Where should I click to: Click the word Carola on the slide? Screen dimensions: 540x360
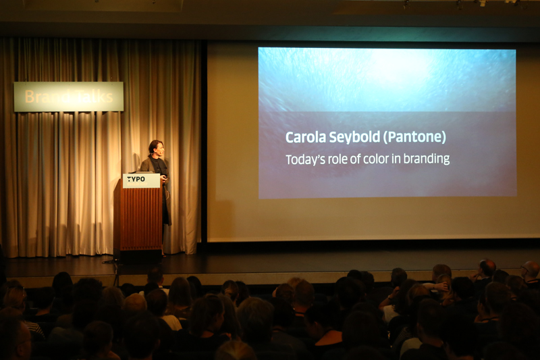pyautogui.click(x=306, y=137)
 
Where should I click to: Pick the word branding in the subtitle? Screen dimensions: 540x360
pyautogui.click(x=427, y=159)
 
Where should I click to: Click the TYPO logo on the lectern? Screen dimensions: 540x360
pyautogui.click(x=136, y=179)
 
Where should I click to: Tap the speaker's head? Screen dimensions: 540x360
pyautogui.click(x=156, y=148)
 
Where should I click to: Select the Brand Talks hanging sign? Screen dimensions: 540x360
pyautogui.click(x=69, y=97)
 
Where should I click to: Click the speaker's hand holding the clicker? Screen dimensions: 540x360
pyautogui.click(x=164, y=178)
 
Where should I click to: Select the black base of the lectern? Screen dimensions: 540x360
pyautogui.click(x=138, y=255)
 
